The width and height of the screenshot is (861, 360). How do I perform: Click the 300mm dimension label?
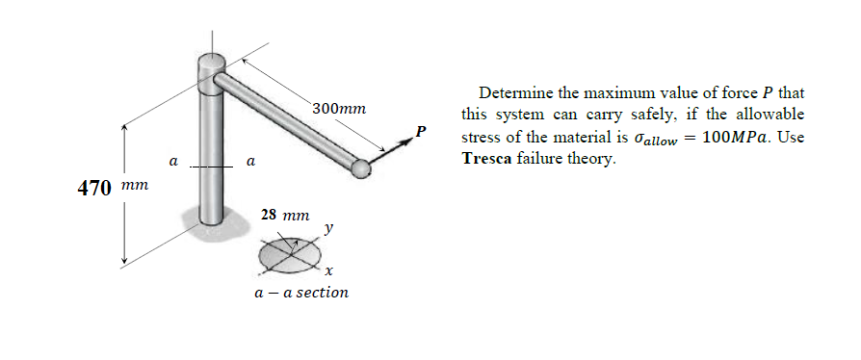[x=340, y=109]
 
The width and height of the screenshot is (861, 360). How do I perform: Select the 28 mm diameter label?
[x=284, y=214]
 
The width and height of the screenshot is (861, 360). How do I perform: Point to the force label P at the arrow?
[x=420, y=130]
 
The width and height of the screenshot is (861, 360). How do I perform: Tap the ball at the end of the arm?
[x=361, y=169]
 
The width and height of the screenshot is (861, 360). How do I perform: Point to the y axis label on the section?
[x=329, y=228]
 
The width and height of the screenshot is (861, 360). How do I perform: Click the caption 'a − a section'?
[x=300, y=292]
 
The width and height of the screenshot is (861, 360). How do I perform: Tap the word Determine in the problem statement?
[x=515, y=94]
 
